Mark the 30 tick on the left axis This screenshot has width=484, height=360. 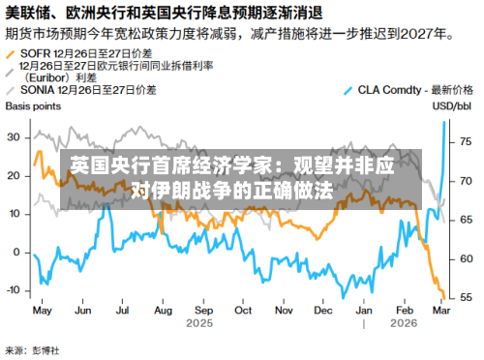[x=14, y=136]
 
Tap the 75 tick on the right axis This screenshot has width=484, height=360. [x=466, y=141]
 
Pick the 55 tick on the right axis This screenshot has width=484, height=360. [x=466, y=296]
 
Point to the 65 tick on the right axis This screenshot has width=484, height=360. [x=466, y=220]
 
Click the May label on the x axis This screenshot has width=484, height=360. [x=43, y=311]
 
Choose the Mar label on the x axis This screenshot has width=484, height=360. [x=440, y=311]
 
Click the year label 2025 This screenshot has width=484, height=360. [x=198, y=323]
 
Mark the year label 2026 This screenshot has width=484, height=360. [x=405, y=323]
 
